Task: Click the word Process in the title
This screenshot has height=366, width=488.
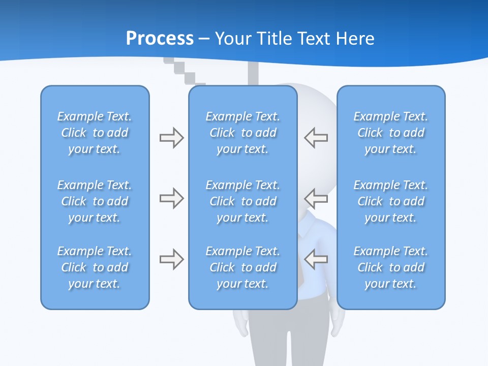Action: (160, 39)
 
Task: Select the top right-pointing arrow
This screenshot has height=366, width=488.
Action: (171, 138)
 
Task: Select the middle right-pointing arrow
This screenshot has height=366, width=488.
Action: (171, 198)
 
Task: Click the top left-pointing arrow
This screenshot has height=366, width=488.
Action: (316, 138)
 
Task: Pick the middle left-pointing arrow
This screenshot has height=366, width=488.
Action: (316, 198)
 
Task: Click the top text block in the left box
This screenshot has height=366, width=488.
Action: (95, 133)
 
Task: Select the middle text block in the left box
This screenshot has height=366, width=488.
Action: (95, 201)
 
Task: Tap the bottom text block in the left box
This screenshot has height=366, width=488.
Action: (95, 267)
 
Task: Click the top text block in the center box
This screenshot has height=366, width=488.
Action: (242, 133)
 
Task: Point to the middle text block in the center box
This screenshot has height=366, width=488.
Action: (242, 201)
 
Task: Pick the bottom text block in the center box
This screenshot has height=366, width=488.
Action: (242, 267)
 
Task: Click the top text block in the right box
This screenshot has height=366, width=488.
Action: (390, 133)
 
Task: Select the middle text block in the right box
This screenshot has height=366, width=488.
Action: (390, 201)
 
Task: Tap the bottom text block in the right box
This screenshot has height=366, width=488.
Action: (390, 267)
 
